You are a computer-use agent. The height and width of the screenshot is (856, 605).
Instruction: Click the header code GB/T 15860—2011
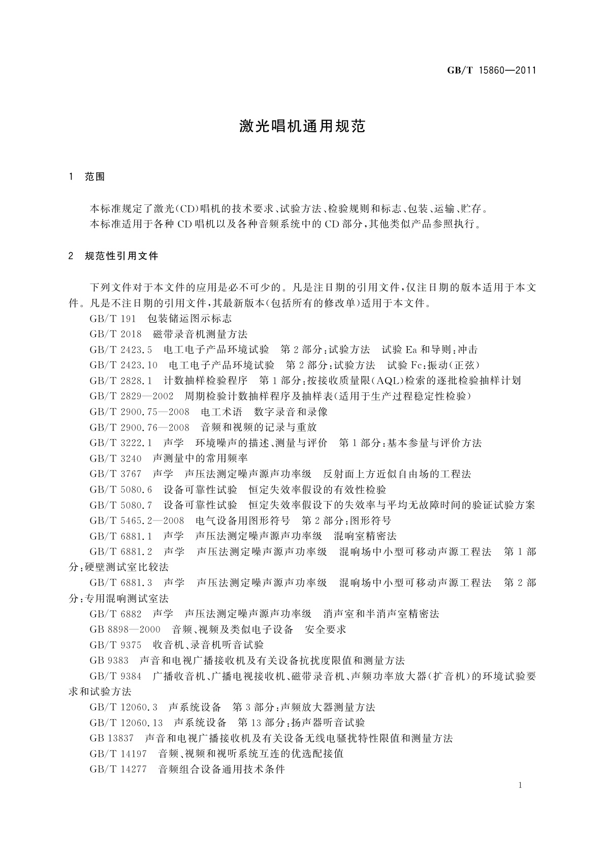click(491, 71)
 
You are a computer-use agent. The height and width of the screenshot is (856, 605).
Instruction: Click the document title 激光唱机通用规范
click(302, 127)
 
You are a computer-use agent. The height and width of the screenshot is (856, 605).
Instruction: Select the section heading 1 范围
click(87, 177)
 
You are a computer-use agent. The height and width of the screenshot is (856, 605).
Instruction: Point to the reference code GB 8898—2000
click(125, 629)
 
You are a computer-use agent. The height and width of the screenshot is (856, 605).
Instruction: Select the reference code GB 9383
click(109, 661)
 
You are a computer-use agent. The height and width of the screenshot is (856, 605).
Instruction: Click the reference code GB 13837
click(111, 738)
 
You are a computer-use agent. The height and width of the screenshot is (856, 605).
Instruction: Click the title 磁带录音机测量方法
click(200, 334)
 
